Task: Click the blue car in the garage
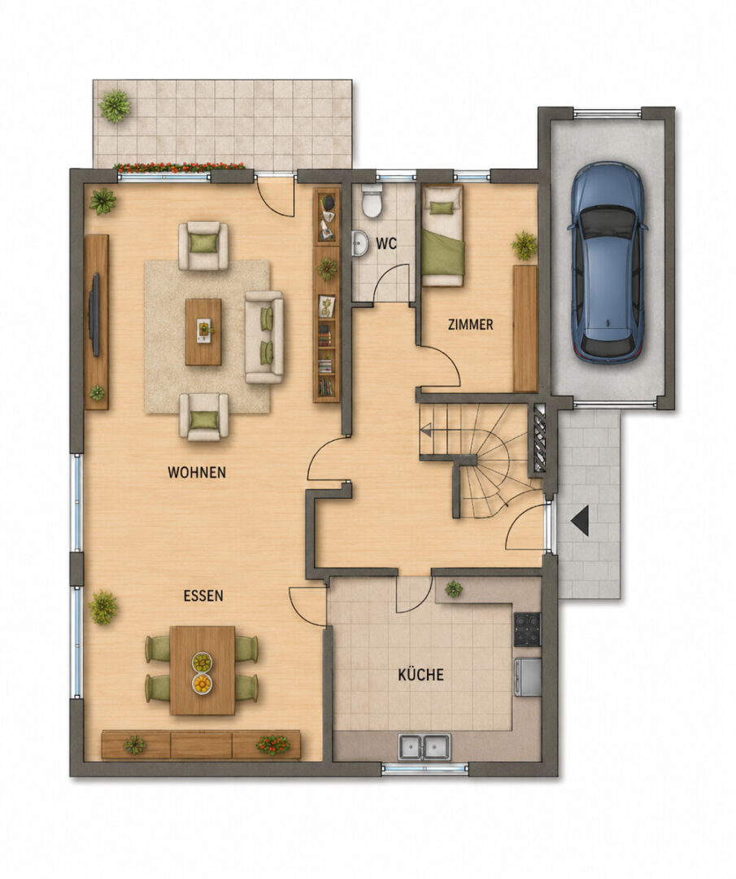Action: [x=606, y=262]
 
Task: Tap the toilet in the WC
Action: [x=372, y=202]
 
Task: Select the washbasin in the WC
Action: [x=359, y=244]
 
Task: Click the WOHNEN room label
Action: [x=197, y=473]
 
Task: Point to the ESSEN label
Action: [x=203, y=595]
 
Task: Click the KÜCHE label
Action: [x=420, y=675]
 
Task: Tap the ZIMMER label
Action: [x=471, y=324]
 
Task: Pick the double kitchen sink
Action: [x=424, y=746]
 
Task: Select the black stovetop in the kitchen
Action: [x=527, y=629]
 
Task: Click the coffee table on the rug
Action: [x=203, y=332]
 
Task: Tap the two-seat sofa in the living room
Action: [x=263, y=337]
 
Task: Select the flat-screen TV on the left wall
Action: [x=95, y=314]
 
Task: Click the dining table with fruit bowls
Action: [x=203, y=671]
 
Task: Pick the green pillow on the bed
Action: [x=441, y=208]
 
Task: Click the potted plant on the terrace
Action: [x=115, y=105]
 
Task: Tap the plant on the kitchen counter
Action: [x=453, y=588]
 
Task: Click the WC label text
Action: [x=386, y=244]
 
